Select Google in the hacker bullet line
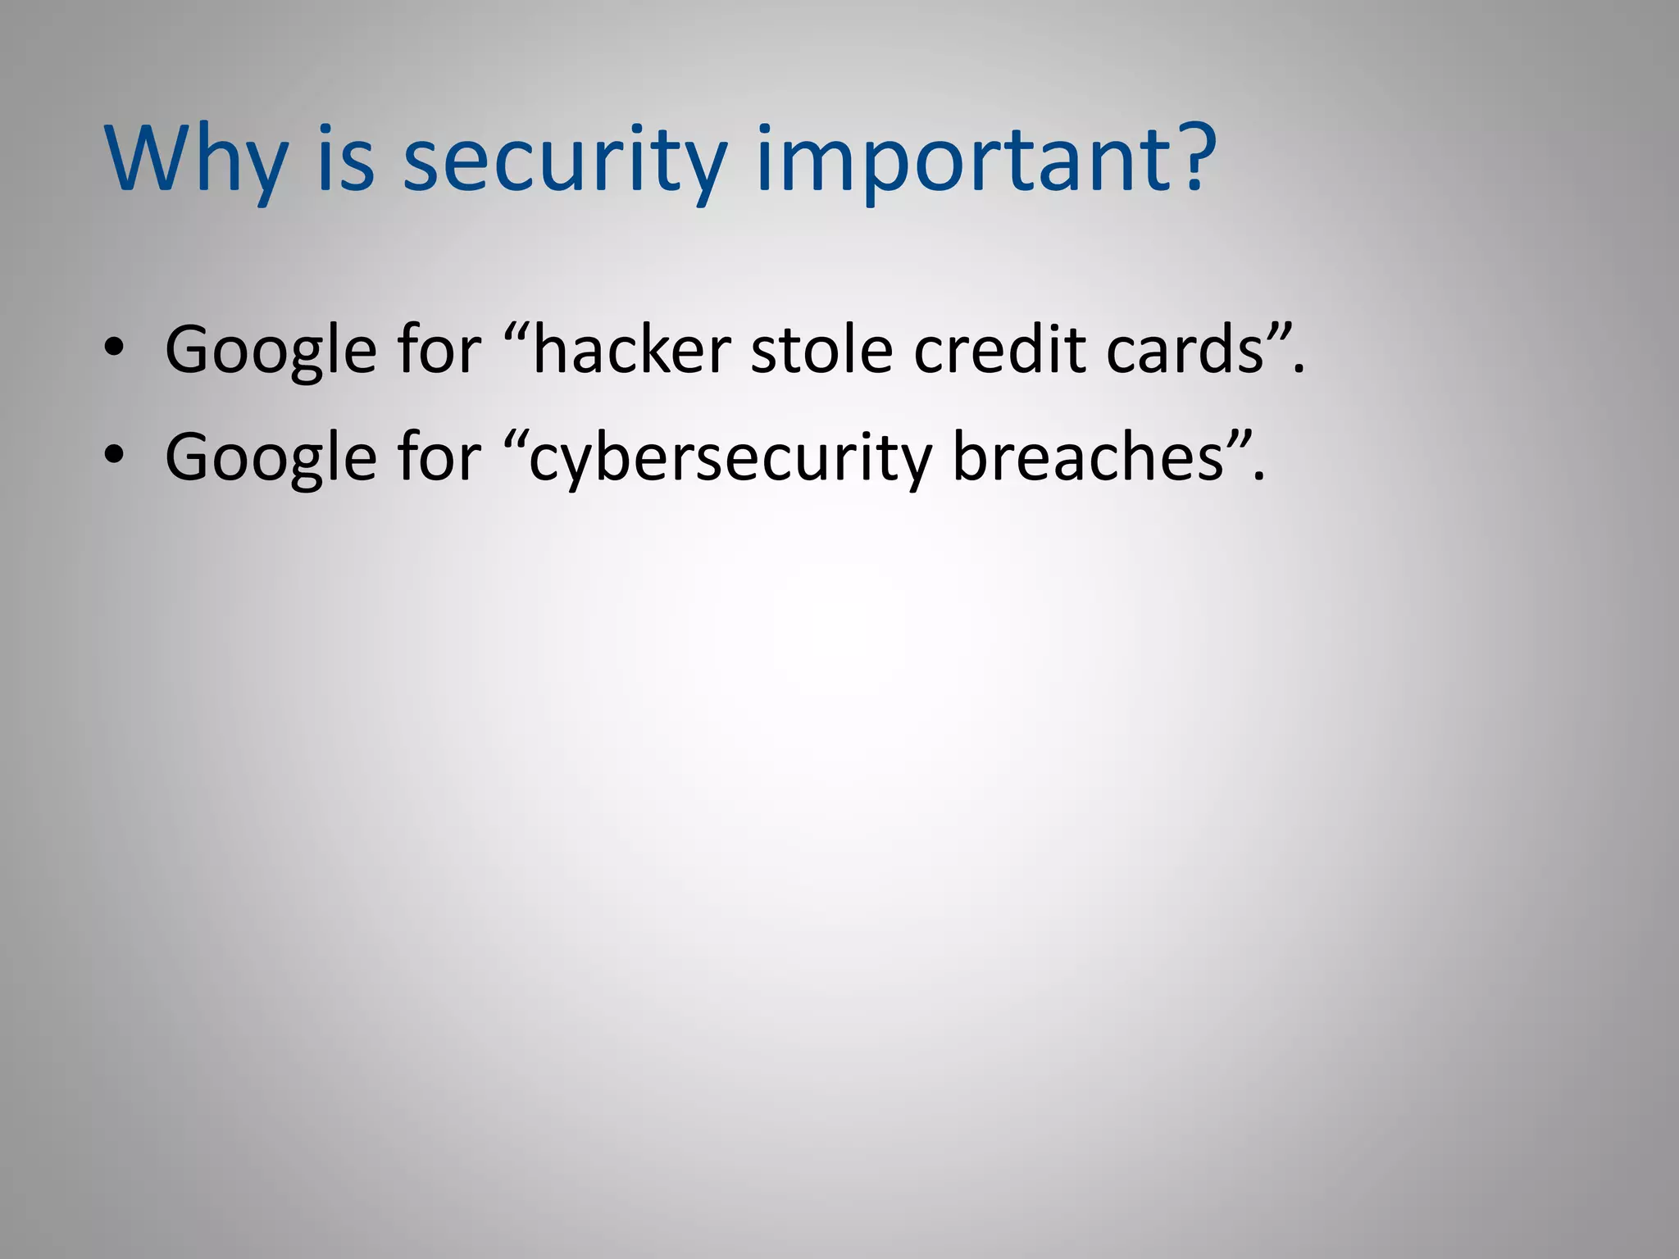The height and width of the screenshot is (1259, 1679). coord(271,351)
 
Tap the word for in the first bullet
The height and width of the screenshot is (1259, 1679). coord(439,351)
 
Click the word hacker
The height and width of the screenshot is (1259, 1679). coord(631,351)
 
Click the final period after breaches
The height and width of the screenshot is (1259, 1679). coord(1260,478)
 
